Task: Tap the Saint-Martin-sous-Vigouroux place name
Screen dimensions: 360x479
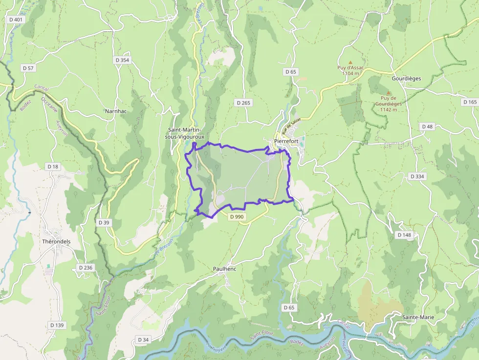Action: [x=186, y=133]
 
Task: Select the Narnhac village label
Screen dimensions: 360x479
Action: [x=116, y=111]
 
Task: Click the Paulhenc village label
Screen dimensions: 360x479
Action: [x=225, y=269]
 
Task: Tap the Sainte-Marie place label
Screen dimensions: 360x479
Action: [x=418, y=317]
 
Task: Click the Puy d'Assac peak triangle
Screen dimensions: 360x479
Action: [x=350, y=63]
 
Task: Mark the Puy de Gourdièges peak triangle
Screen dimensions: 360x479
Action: [x=389, y=92]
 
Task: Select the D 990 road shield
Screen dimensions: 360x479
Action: [x=236, y=216]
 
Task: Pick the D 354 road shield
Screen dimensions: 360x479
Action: [x=122, y=60]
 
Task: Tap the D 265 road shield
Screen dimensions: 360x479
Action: [x=243, y=103]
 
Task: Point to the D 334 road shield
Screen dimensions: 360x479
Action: [x=417, y=176]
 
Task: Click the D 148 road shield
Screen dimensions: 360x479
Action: [x=404, y=235]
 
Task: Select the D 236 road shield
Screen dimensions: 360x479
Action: [x=85, y=268]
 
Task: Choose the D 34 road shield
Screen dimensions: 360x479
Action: [x=143, y=339]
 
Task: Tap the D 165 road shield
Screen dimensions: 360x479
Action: [x=469, y=102]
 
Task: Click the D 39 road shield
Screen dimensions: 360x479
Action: [x=104, y=223]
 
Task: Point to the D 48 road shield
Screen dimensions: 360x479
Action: [x=427, y=127]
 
